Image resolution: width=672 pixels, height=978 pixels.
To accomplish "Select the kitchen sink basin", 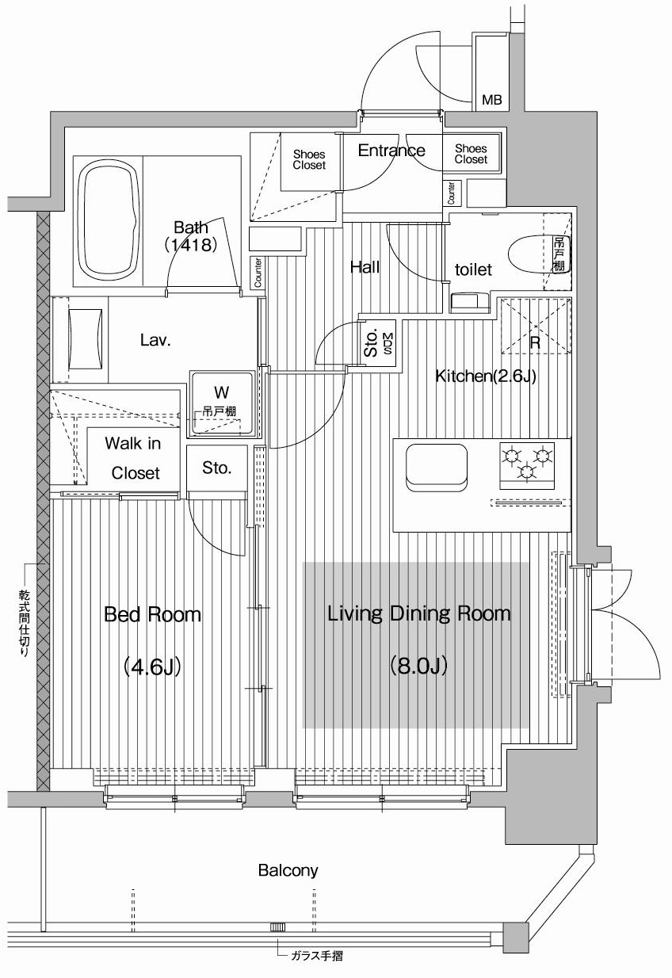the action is click(436, 468).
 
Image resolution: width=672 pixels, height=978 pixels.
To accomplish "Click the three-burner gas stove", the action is click(527, 465).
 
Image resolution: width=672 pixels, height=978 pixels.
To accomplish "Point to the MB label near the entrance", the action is click(491, 100).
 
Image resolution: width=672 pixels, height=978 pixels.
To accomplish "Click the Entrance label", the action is click(391, 151).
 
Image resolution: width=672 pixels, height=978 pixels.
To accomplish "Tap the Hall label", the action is click(365, 267).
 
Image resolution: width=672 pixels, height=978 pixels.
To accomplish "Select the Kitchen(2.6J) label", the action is click(486, 376).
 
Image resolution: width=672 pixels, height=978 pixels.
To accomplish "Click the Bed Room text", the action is click(152, 615).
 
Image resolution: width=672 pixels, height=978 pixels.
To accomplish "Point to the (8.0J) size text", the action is click(418, 667).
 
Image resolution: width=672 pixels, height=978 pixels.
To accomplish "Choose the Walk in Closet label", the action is click(134, 458).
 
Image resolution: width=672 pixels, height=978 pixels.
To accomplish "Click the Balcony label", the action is click(288, 870).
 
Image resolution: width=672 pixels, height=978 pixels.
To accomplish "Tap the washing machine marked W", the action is click(221, 404).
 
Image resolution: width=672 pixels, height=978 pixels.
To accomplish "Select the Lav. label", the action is click(155, 340).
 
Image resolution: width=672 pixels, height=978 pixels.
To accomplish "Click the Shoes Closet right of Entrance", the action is click(471, 154).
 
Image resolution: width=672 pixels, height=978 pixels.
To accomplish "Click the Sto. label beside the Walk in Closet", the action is click(216, 468).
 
